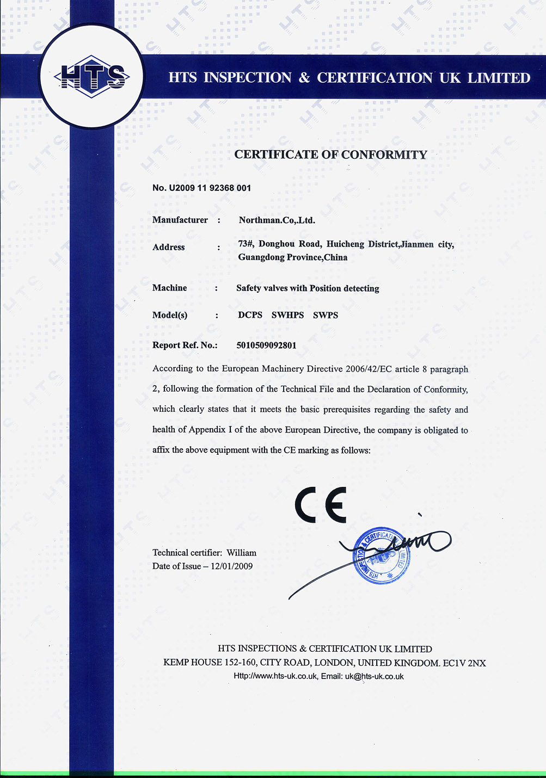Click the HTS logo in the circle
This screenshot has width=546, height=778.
pos(92,76)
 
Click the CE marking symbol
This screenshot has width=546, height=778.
pos(321,505)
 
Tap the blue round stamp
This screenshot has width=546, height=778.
pos(382,555)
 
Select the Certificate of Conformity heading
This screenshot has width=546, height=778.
pos(330,155)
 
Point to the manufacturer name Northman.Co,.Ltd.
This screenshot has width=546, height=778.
pos(277,220)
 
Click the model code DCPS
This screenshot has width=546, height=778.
pos(250,315)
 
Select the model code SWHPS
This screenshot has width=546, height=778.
pos(287,315)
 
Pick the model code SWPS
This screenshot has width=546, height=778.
pos(326,315)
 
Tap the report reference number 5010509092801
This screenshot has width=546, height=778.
pos(266,345)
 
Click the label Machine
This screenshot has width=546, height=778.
pos(169,288)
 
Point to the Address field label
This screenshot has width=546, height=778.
pos(169,247)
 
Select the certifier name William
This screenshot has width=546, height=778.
pos(241,553)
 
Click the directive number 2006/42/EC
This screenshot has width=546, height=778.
pos(368,369)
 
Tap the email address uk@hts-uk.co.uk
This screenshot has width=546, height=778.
pos(374,676)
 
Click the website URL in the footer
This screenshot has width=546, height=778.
pos(275,676)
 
